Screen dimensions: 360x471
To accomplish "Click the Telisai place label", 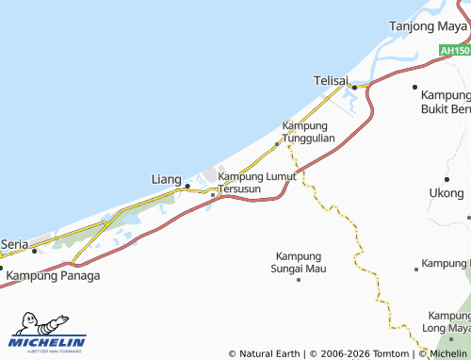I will (x=333, y=82).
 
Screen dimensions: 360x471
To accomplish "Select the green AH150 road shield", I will (x=454, y=49).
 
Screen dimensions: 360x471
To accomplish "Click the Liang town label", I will (x=167, y=178).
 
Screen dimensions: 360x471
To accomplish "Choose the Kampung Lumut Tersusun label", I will (x=256, y=182).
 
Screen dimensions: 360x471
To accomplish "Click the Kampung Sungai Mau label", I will (x=299, y=262).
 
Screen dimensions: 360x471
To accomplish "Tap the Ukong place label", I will (x=446, y=193).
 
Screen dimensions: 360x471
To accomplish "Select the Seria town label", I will (x=14, y=243).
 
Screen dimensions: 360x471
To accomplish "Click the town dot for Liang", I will (x=187, y=186).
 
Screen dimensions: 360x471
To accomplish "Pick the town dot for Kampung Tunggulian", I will (x=276, y=144).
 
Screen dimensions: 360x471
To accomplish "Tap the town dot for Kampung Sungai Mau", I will (x=299, y=279).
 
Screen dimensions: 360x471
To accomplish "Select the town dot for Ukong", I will (x=446, y=177).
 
